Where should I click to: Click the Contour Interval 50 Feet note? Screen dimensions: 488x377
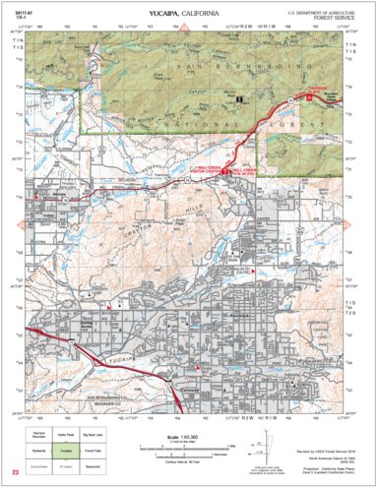188,459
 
